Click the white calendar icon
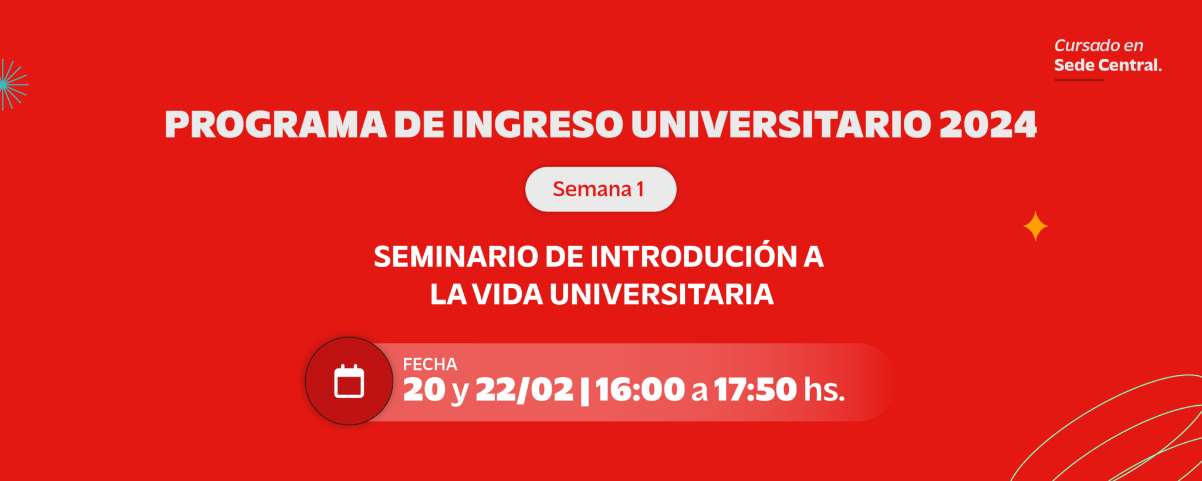pyautogui.click(x=349, y=381)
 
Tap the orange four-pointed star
pyautogui.click(x=1035, y=226)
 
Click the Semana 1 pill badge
pyautogui.click(x=600, y=189)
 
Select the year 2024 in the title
pyautogui.click(x=988, y=125)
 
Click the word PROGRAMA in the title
pyautogui.click(x=276, y=125)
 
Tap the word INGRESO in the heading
pyautogui.click(x=538, y=125)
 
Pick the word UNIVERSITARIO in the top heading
pyautogui.click(x=781, y=125)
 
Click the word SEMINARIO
pyautogui.click(x=456, y=257)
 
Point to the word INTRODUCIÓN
pyautogui.click(x=693, y=255)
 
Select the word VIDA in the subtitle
pyautogui.click(x=508, y=294)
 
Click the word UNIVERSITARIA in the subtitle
pyautogui.click(x=661, y=294)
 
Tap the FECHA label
pyautogui.click(x=430, y=365)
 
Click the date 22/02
pyautogui.click(x=524, y=389)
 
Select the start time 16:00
pyautogui.click(x=640, y=389)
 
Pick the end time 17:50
pyautogui.click(x=755, y=389)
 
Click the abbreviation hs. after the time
pyautogui.click(x=825, y=389)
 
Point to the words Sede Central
pyautogui.click(x=1108, y=65)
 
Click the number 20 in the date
pyautogui.click(x=424, y=389)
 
